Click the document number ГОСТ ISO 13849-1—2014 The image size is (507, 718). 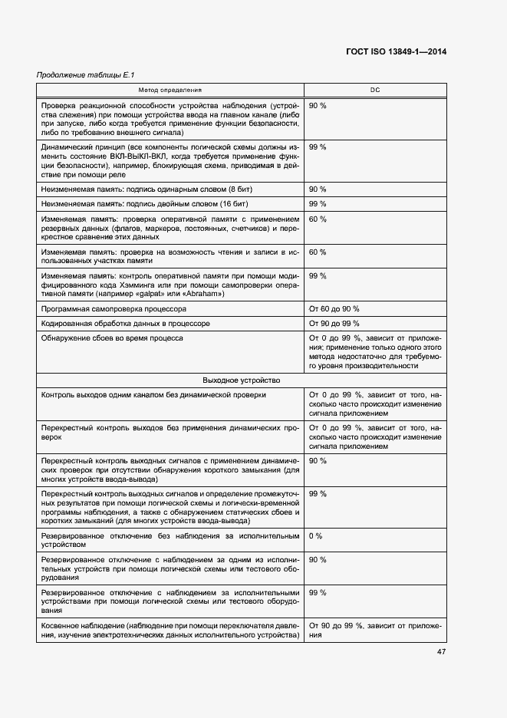click(397, 51)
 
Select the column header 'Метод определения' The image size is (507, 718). click(170, 91)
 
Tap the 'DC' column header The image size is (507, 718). click(375, 91)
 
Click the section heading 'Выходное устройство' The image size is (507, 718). click(242, 380)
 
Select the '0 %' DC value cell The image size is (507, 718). click(316, 535)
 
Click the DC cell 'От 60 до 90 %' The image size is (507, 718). click(334, 308)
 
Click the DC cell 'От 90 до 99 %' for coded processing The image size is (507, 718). click(334, 323)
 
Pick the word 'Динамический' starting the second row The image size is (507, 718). click(67, 147)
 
